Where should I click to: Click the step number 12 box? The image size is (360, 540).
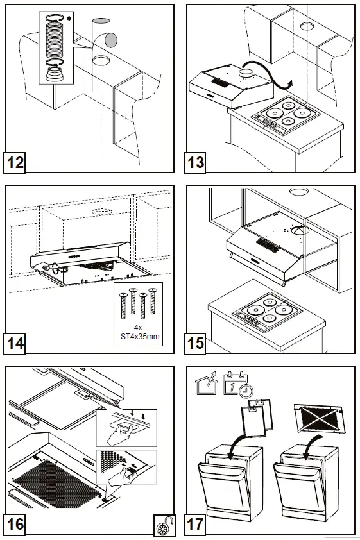click(x=15, y=162)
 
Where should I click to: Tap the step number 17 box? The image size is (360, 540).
click(x=195, y=524)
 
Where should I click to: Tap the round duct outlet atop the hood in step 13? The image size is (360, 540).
click(x=244, y=74)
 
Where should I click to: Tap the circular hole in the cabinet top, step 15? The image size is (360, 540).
click(x=300, y=192)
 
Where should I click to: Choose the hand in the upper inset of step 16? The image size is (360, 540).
click(x=116, y=435)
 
